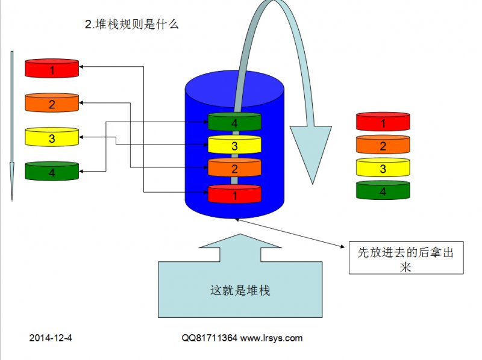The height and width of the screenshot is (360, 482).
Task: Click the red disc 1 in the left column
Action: click(x=52, y=69)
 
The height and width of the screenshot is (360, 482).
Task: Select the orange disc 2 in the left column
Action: click(x=52, y=103)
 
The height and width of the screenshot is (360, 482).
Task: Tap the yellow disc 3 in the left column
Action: click(x=52, y=137)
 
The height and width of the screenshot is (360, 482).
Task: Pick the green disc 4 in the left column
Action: click(x=52, y=171)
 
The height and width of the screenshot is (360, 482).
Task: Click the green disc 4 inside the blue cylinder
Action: click(x=234, y=122)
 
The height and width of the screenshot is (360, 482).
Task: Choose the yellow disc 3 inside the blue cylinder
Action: click(x=234, y=144)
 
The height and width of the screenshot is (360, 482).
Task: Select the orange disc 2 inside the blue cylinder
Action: click(x=234, y=167)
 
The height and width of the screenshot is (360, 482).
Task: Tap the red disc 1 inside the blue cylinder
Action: click(x=234, y=194)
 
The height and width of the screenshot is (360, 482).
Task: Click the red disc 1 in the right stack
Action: click(x=383, y=122)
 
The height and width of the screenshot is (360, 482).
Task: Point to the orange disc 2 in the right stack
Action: click(x=383, y=144)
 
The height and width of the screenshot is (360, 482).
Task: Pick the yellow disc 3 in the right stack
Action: click(x=383, y=167)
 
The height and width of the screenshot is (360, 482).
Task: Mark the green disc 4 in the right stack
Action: click(x=383, y=190)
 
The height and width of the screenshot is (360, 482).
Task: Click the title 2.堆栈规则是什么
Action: click(x=131, y=24)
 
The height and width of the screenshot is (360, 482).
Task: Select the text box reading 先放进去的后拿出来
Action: click(x=406, y=258)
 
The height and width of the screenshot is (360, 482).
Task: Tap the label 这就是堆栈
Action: click(x=240, y=291)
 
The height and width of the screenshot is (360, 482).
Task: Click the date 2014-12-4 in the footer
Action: click(x=51, y=338)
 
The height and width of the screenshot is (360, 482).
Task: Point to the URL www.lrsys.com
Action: click(x=272, y=338)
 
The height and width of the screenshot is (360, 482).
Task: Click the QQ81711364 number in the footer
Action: click(x=209, y=338)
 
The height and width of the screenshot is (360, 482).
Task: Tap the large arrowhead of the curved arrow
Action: click(x=311, y=151)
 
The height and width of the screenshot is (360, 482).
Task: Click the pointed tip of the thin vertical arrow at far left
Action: click(x=12, y=200)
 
